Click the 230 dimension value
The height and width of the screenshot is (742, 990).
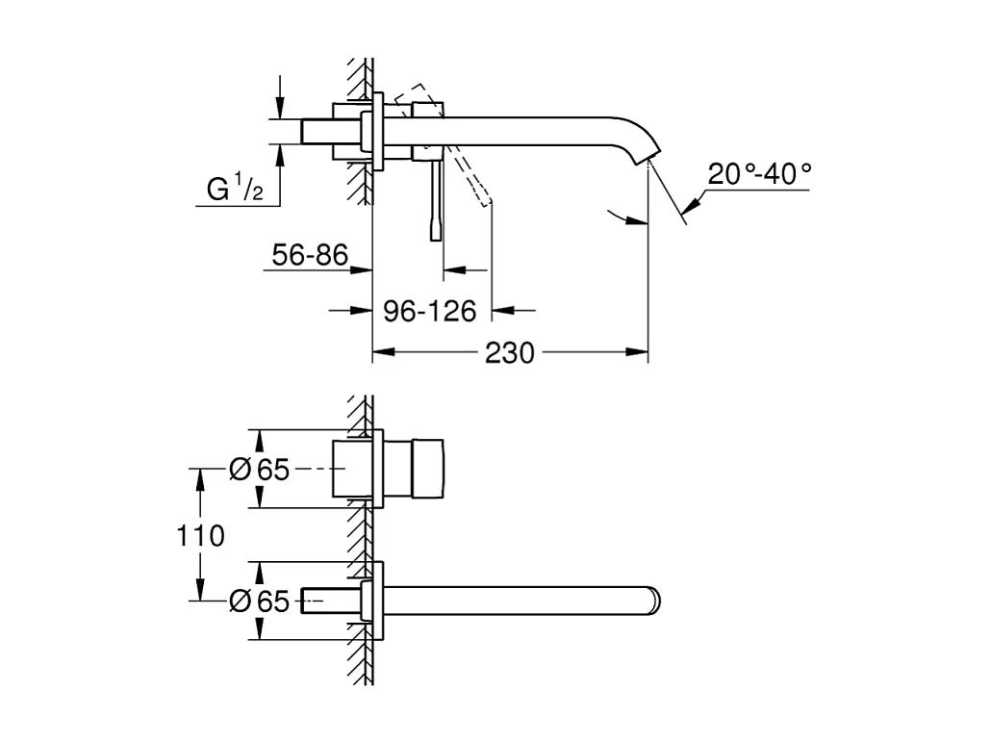point(509,353)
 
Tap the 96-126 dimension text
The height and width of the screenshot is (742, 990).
point(429,311)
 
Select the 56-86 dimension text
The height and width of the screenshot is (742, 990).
point(310,255)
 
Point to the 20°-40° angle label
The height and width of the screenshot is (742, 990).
point(759,174)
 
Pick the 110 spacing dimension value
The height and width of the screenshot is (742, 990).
point(199,535)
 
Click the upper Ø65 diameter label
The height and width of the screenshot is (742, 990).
point(259,469)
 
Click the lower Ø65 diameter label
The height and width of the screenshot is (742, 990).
point(259,601)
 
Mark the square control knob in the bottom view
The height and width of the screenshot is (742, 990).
point(428,469)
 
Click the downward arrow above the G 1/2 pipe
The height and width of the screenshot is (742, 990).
point(280,108)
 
